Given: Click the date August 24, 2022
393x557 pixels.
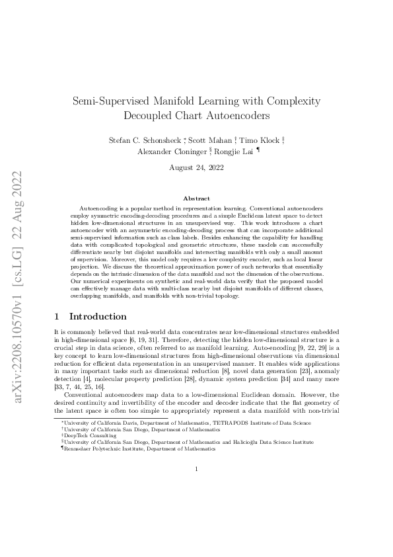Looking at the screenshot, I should pos(196,169).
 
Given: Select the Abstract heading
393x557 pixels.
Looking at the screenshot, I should pos(196,198).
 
